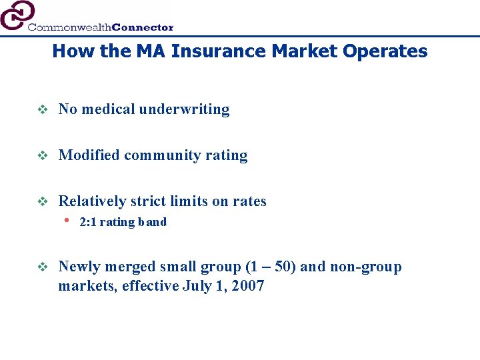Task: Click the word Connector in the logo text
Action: coord(143,27)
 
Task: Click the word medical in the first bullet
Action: coord(109,109)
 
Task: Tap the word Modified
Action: coord(89,155)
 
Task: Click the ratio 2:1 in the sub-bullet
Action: coord(88,222)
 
